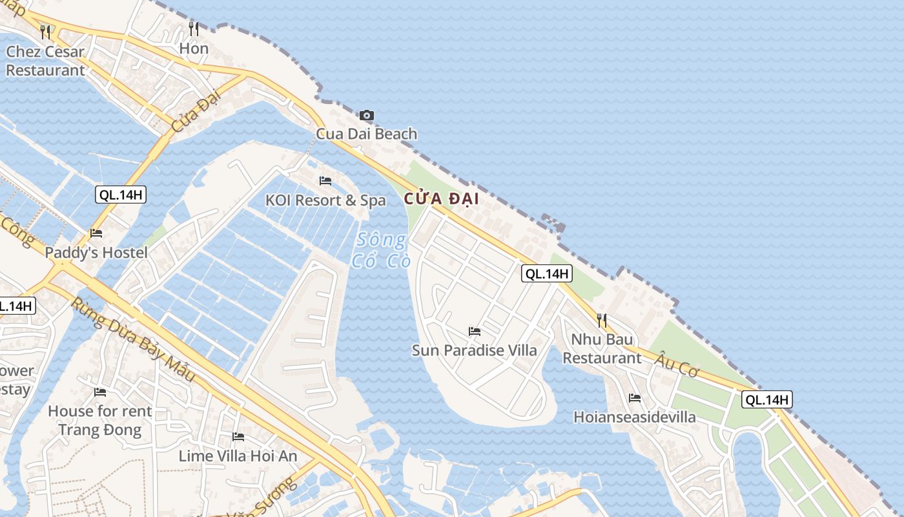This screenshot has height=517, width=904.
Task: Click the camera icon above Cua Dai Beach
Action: pyautogui.click(x=366, y=116)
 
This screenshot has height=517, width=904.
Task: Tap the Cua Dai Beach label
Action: pyautogui.click(x=366, y=134)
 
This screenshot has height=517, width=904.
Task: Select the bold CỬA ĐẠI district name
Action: pyautogui.click(x=442, y=199)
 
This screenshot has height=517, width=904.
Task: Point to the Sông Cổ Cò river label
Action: pyautogui.click(x=380, y=250)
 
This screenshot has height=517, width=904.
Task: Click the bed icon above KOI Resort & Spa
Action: pyautogui.click(x=325, y=181)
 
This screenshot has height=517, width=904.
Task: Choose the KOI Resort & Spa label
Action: pyautogui.click(x=325, y=200)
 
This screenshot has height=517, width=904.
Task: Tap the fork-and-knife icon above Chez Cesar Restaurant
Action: pyautogui.click(x=45, y=31)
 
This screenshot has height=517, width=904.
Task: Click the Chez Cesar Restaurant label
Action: pyautogui.click(x=45, y=61)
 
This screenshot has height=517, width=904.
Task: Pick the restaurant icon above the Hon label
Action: pyautogui.click(x=194, y=28)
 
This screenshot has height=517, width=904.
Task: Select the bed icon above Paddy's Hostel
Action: pyautogui.click(x=96, y=233)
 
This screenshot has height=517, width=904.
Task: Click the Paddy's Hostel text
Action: pyautogui.click(x=96, y=253)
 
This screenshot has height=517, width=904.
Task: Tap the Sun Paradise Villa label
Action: pyautogui.click(x=475, y=350)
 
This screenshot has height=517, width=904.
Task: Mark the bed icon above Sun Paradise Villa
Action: pyautogui.click(x=475, y=332)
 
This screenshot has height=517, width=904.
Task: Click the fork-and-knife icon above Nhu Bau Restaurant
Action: pyautogui.click(x=602, y=320)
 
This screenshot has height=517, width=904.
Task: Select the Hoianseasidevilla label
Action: pyautogui.click(x=635, y=417)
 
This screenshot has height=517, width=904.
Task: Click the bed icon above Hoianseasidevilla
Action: pyautogui.click(x=635, y=398)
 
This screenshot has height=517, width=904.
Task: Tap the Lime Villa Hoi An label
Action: pyautogui.click(x=238, y=456)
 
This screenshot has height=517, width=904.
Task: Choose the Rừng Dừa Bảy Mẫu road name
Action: pyautogui.click(x=132, y=339)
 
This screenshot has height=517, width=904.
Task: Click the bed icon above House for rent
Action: pyautogui.click(x=100, y=392)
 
